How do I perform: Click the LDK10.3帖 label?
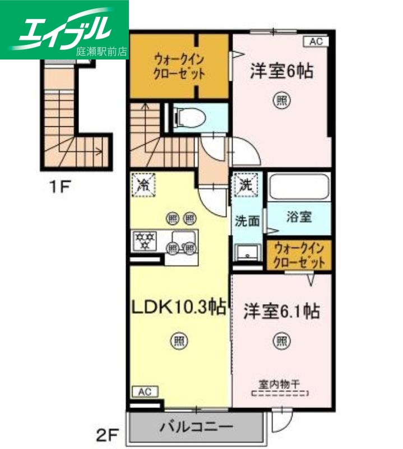(x=178, y=306)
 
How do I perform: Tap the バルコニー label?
(x=196, y=428)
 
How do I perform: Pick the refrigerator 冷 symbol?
(x=143, y=184)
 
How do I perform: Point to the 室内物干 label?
(x=279, y=385)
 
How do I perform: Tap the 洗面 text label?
(x=247, y=221)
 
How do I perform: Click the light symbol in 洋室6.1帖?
(x=281, y=340)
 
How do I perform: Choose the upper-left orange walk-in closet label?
(x=179, y=66)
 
